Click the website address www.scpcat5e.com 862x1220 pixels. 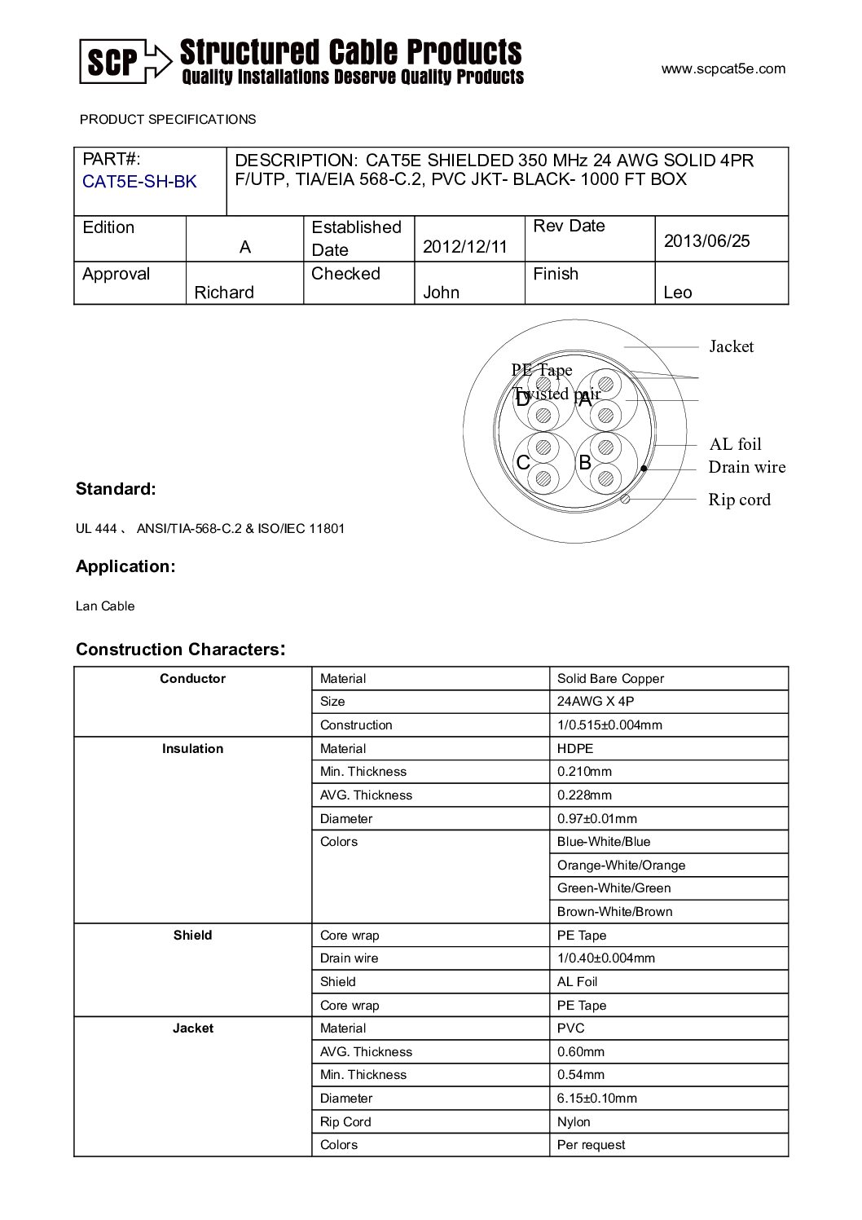723,69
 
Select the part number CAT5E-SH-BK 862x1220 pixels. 139,182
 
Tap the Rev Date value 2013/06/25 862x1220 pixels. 706,241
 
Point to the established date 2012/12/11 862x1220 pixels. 464,247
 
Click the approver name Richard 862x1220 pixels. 224,293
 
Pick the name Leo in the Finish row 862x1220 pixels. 677,293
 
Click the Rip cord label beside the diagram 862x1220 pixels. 739,500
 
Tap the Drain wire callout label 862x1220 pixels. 746,467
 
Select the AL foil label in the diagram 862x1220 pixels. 735,444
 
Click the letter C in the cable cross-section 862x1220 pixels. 523,463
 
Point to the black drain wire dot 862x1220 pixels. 644,469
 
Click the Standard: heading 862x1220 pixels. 116,489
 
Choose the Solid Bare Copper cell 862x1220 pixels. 610,679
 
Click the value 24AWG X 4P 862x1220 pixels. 596,702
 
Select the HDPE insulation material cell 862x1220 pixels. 575,749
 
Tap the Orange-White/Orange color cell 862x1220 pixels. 621,865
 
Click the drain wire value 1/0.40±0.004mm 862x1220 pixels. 605,958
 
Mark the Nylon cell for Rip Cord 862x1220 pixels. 574,1122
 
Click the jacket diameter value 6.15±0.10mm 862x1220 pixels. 596,1099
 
